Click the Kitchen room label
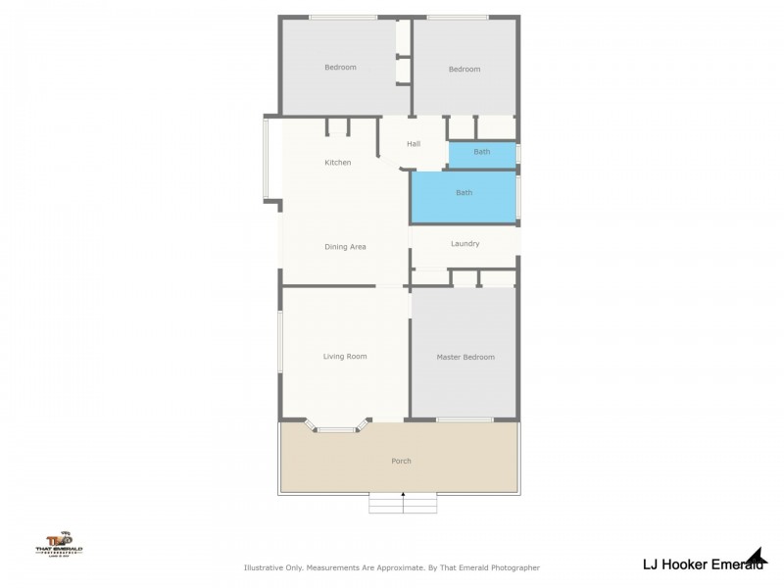coord(338,163)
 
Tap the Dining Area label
coord(345,247)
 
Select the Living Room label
coord(345,357)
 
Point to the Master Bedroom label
coord(465,358)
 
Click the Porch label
coord(401,461)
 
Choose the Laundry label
coord(465,244)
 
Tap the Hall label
coord(414,145)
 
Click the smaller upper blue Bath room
coord(482,153)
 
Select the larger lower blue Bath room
coord(464,194)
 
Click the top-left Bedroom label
coord(340,68)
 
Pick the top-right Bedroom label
coord(465,70)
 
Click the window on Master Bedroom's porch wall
coord(464,420)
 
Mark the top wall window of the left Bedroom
coord(343,17)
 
